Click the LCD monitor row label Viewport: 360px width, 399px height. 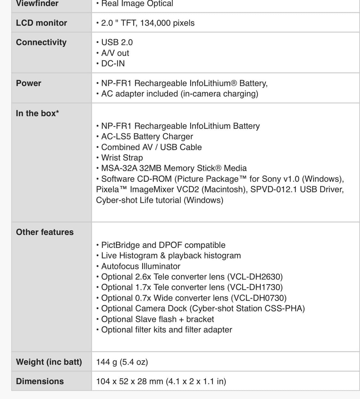(x=41, y=23)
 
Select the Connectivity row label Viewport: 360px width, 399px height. (x=41, y=42)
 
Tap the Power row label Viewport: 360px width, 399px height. (x=28, y=83)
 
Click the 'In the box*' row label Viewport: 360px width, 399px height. (x=37, y=113)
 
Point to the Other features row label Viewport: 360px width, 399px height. (x=44, y=232)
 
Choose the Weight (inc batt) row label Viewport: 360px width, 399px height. (x=49, y=362)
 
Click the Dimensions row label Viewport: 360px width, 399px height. (x=40, y=381)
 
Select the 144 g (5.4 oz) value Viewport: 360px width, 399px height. (x=122, y=362)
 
